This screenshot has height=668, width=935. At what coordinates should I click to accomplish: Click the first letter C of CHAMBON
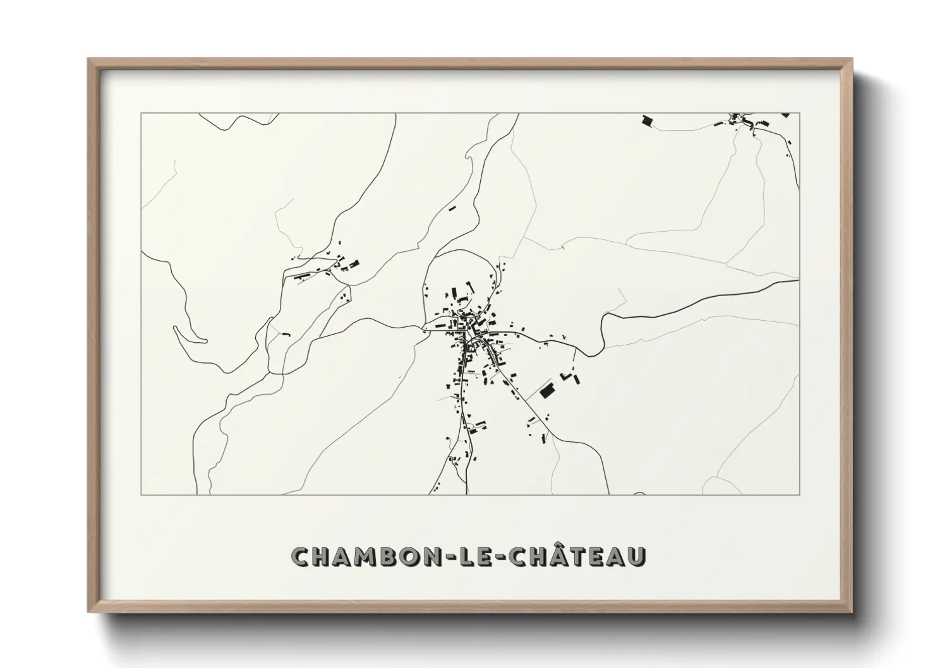(x=301, y=557)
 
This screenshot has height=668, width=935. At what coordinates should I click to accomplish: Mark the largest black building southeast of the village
(x=547, y=391)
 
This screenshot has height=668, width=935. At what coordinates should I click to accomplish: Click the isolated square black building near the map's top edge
(x=646, y=120)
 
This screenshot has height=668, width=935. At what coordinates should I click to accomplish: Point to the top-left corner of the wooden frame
(x=89, y=59)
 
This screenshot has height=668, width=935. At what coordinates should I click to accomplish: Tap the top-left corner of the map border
(x=142, y=114)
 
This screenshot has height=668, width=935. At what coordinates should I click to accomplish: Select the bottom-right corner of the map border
(x=799, y=494)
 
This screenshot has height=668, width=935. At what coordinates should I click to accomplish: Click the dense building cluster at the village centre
(x=470, y=331)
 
